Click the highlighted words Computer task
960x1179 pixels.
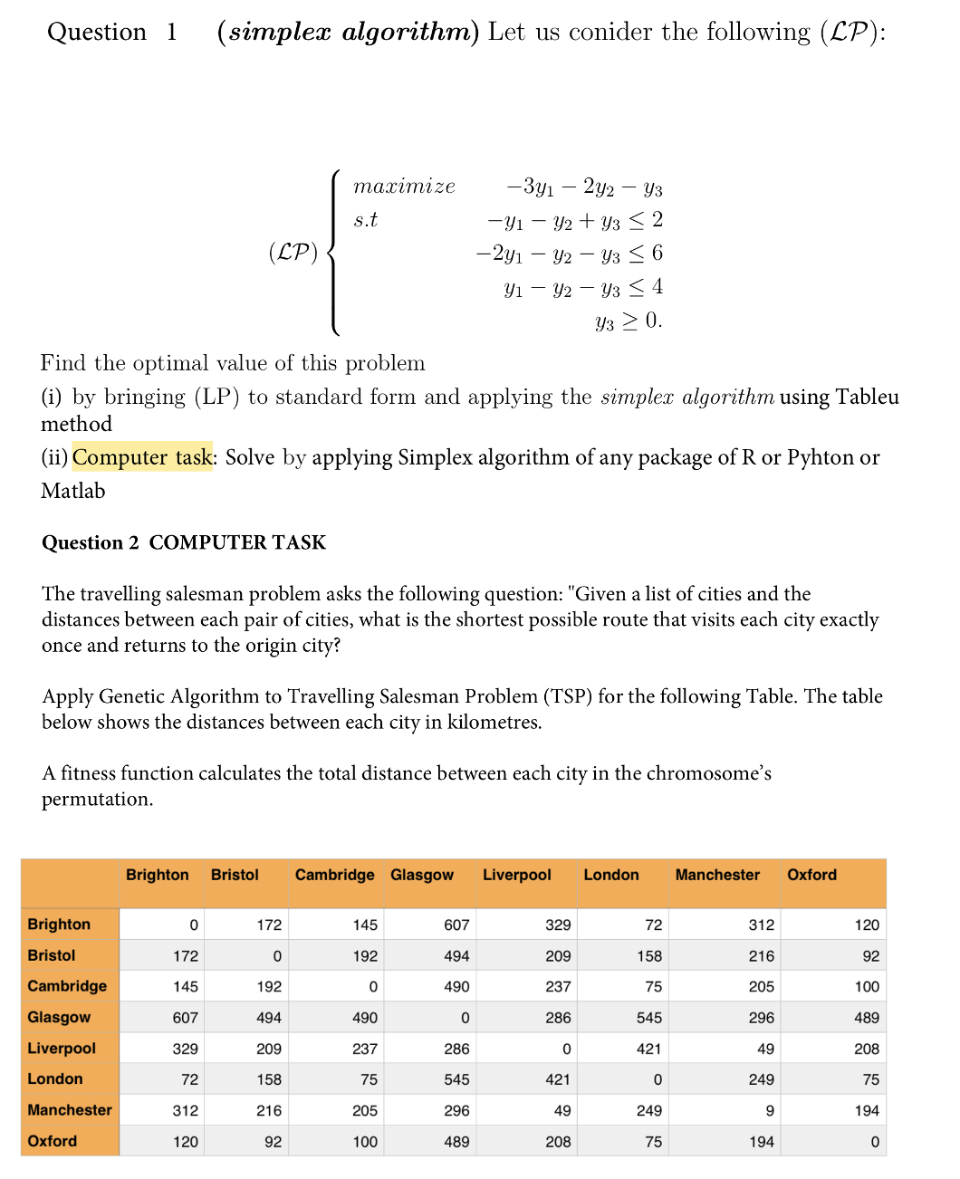pyautogui.click(x=142, y=457)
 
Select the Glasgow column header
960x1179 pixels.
pyautogui.click(x=421, y=875)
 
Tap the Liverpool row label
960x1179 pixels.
pyautogui.click(x=61, y=1048)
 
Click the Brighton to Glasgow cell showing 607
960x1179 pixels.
pyautogui.click(x=456, y=925)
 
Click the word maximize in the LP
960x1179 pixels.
pyautogui.click(x=404, y=187)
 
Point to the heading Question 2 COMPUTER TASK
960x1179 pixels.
pyautogui.click(x=183, y=542)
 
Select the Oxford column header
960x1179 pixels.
pyautogui.click(x=811, y=875)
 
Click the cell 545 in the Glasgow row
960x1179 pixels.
pyautogui.click(x=648, y=1018)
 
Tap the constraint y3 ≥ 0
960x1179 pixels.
pyautogui.click(x=629, y=321)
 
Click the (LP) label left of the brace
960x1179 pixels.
pyautogui.click(x=293, y=252)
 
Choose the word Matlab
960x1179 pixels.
pyautogui.click(x=73, y=491)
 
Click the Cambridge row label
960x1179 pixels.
pyautogui.click(x=67, y=986)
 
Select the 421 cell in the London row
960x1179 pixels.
pyautogui.click(x=558, y=1079)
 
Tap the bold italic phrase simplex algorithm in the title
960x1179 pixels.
pyautogui.click(x=348, y=32)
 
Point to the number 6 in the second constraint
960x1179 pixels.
pyautogui.click(x=658, y=253)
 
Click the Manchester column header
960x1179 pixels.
pyautogui.click(x=717, y=875)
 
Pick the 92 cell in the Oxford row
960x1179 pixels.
pyautogui.click(x=273, y=1142)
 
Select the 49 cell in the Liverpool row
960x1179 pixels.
pyautogui.click(x=765, y=1049)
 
